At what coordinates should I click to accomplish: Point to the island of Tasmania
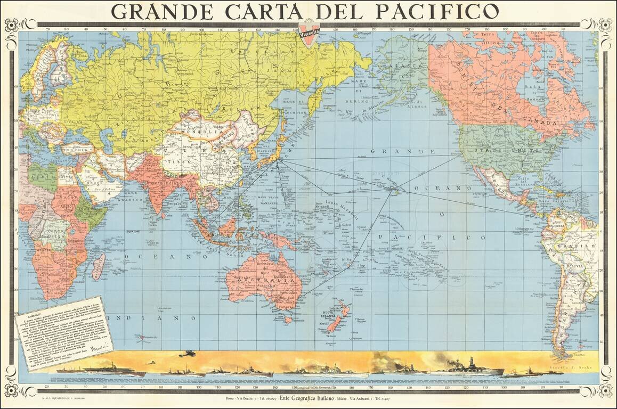tap(288, 320)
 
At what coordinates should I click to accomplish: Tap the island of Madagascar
tap(98, 267)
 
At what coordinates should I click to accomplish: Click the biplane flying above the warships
tap(186, 354)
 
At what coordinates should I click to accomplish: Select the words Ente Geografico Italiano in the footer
tap(307, 398)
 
